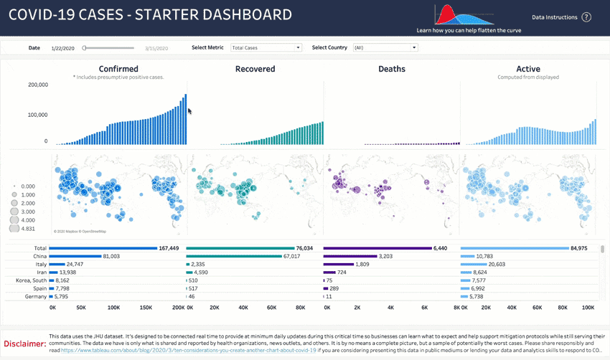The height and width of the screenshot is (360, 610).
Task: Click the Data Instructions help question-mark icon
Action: (x=586, y=16)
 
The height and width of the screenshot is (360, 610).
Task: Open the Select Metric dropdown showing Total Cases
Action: (x=266, y=47)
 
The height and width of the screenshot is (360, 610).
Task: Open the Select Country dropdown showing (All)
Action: (x=384, y=47)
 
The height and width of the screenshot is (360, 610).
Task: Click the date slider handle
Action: (x=84, y=47)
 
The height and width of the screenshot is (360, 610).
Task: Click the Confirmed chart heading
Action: (x=118, y=69)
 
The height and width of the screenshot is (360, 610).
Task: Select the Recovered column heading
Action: (x=255, y=69)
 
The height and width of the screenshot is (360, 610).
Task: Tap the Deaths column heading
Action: (x=392, y=69)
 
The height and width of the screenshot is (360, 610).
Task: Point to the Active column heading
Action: (x=528, y=69)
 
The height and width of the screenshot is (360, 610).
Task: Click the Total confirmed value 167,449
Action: (x=169, y=248)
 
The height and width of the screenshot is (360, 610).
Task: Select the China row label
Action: (x=40, y=256)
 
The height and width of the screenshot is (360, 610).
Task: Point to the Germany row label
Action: (x=36, y=296)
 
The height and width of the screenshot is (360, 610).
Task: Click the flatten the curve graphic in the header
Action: (x=469, y=16)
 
